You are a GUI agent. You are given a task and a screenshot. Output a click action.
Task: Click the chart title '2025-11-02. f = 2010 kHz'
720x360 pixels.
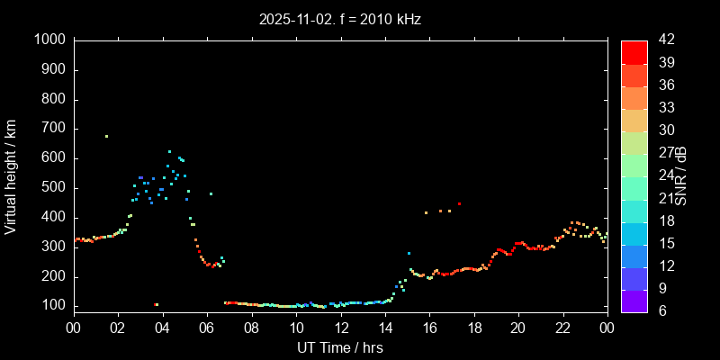340,18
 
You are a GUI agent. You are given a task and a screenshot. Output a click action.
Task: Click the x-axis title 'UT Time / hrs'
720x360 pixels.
340,347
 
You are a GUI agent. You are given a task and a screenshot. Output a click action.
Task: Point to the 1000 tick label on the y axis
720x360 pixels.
49,40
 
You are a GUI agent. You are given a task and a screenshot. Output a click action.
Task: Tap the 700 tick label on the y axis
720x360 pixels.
53,129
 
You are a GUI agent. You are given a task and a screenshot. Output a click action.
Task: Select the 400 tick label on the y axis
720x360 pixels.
53,218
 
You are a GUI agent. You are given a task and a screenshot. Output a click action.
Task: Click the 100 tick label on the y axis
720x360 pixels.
53,306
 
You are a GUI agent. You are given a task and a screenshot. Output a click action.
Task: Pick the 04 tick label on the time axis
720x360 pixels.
162,328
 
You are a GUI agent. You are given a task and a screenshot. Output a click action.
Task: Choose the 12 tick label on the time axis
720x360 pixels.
340,328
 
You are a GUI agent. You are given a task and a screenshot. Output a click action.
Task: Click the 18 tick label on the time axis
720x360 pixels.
474,328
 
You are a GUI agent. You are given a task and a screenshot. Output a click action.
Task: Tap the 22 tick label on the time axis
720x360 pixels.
563,328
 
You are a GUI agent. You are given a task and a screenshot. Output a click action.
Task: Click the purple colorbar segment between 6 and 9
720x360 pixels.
634,301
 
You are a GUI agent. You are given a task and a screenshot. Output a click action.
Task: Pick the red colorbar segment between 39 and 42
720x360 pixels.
634,52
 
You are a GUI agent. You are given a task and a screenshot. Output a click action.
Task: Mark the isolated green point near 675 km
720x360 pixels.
106,137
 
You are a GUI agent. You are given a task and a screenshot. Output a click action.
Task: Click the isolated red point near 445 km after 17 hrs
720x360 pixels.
459,204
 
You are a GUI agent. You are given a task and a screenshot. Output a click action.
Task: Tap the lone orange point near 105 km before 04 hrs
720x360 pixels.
157,304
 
